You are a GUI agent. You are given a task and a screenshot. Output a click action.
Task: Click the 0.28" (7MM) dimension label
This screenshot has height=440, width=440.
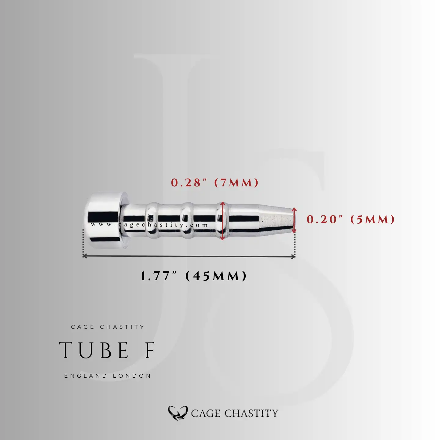(215, 183)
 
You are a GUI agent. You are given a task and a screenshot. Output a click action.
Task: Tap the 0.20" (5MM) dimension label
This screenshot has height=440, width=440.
(350, 219)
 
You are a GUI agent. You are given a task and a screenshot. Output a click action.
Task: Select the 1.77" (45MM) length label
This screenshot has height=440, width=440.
(193, 276)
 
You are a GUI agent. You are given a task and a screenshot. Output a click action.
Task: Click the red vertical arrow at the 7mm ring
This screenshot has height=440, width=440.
(222, 221)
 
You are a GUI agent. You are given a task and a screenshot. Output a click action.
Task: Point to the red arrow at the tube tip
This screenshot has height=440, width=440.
(294, 220)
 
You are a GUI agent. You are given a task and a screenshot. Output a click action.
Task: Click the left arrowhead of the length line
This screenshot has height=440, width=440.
(85, 256)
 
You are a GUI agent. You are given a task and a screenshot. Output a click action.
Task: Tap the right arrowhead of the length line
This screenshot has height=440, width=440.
(293, 256)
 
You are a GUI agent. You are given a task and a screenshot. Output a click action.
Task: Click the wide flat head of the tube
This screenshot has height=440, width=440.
(104, 220)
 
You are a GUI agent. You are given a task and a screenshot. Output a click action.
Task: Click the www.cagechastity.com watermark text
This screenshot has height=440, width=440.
(149, 225)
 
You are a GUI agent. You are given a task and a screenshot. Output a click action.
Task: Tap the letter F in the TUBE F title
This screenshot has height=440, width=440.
(150, 350)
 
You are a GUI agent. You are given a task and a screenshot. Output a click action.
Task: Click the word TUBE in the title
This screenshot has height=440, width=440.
(94, 350)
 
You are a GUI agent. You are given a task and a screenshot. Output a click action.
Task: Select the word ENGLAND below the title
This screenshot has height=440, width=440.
(86, 376)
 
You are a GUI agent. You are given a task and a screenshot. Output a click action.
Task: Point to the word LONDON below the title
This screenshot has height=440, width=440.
(132, 376)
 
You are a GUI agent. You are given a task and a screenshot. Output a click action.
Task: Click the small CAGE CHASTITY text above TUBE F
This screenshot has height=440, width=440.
(108, 327)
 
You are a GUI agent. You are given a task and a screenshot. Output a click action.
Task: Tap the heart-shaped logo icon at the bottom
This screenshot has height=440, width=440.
(178, 413)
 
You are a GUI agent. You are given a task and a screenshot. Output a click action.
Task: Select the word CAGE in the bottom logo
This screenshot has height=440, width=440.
(206, 413)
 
